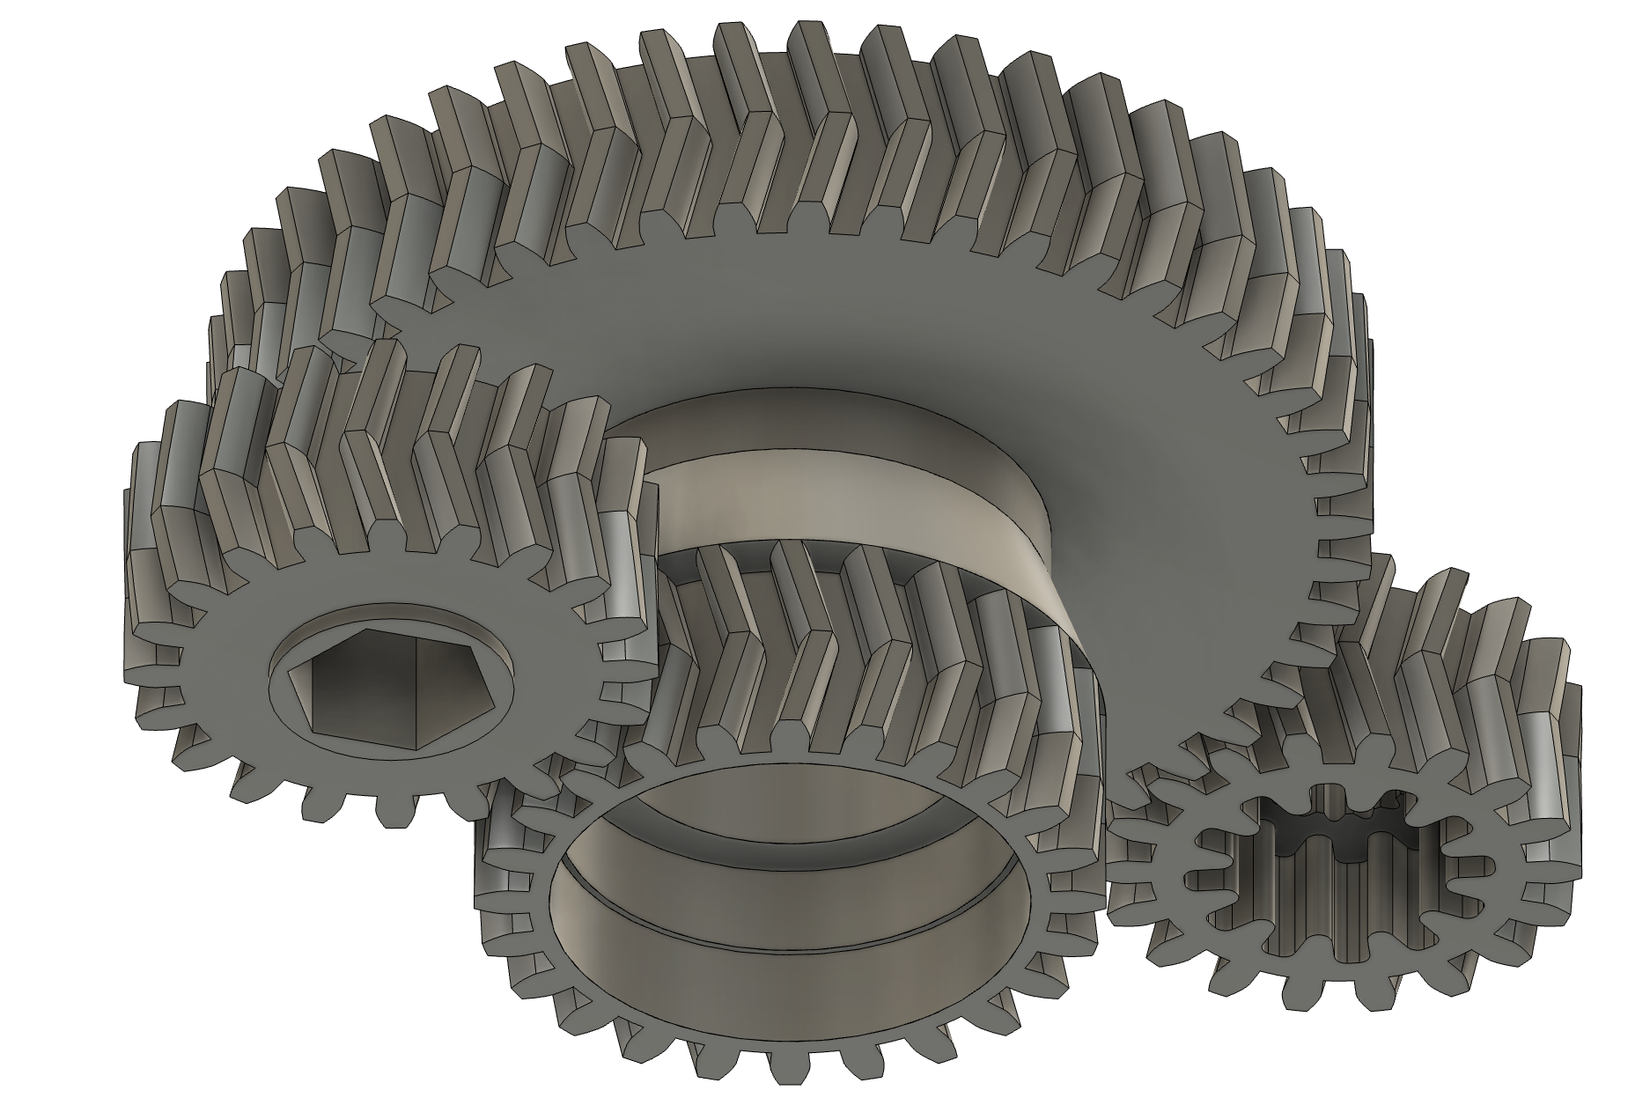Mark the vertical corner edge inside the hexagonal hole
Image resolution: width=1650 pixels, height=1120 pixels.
414,696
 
